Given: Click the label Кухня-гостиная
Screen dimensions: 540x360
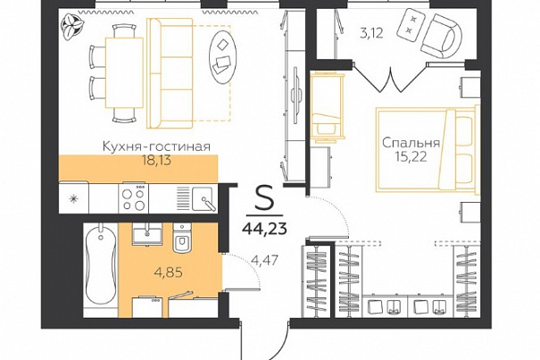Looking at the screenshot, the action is coord(157,147).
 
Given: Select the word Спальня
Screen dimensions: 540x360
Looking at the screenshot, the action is coord(411,143).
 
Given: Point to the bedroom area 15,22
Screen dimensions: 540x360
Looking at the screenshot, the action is coord(411,157).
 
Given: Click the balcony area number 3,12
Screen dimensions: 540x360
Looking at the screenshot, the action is coord(371,34).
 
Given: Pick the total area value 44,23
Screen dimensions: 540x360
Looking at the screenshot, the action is coord(264,228).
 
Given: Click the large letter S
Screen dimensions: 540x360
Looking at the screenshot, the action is coord(264,201).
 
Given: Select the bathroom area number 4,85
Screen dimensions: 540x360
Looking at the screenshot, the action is coord(169,272).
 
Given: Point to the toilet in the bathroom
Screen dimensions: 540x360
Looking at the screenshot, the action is coord(182,238).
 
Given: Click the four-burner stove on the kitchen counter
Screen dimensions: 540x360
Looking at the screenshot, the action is coord(134,198).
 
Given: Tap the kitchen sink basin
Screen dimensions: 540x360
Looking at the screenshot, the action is coord(204,198).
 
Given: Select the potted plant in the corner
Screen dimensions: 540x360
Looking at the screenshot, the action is coord(72,25).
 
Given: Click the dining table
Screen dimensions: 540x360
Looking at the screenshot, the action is coord(124,72).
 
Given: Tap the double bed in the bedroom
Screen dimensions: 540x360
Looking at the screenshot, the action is coord(428,149).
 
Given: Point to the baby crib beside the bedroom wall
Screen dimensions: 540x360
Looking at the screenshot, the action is coord(328,107).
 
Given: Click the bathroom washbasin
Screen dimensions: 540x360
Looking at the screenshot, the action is coord(147,233).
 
